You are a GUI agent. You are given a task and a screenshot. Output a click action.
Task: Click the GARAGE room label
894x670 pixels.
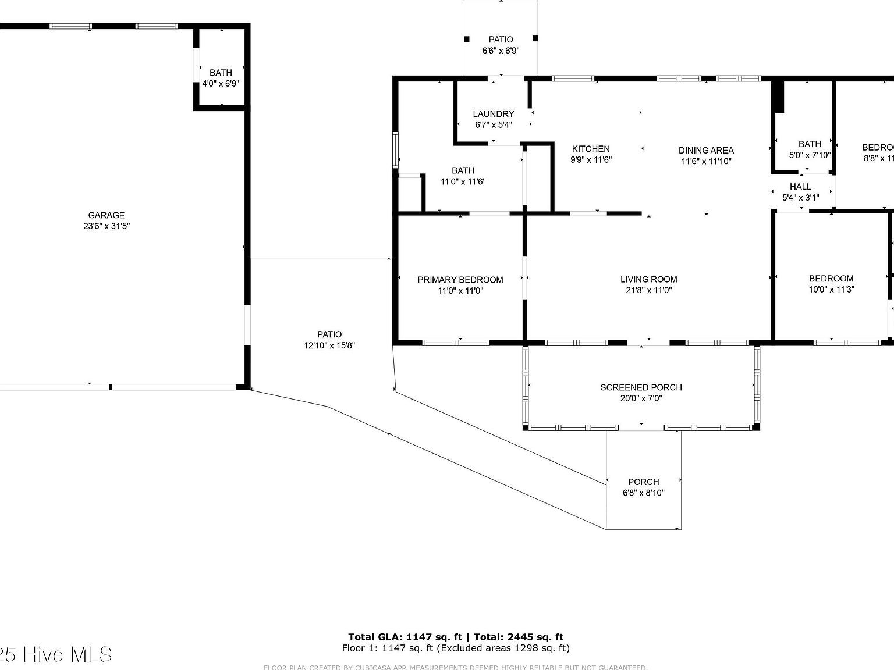pos(106,215)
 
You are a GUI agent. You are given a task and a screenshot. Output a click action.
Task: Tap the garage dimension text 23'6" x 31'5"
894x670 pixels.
pos(106,226)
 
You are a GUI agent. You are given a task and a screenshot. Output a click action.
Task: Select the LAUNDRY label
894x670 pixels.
pos(493,114)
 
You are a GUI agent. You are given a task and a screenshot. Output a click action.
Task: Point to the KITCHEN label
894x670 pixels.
pos(591,149)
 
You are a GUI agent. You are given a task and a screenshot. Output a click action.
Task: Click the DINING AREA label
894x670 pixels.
pos(706,150)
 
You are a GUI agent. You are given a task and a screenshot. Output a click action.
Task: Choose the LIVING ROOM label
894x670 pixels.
pos(648,279)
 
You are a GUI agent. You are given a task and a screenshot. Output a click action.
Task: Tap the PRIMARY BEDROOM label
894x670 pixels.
pos(460,280)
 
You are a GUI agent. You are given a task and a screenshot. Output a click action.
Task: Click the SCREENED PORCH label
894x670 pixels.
pos(641,387)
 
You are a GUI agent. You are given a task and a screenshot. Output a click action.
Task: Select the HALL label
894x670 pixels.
pos(800,187)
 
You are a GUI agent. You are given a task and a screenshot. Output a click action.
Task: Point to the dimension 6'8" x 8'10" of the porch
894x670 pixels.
pos(643,493)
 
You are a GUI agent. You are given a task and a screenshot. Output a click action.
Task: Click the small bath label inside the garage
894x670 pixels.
pos(221,73)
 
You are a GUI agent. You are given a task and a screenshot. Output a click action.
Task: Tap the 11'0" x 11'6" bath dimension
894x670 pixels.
pos(463,181)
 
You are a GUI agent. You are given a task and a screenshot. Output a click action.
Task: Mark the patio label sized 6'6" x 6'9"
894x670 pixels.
pos(501,40)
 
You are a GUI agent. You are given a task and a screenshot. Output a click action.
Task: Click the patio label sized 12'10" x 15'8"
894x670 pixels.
pos(329,334)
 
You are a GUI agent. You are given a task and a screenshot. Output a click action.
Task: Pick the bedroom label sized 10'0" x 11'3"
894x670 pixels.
pos(831,279)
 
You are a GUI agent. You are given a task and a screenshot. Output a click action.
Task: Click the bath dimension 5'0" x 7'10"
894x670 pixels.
pos(810,155)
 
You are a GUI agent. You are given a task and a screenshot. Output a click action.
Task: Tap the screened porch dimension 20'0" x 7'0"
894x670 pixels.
pos(641,398)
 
